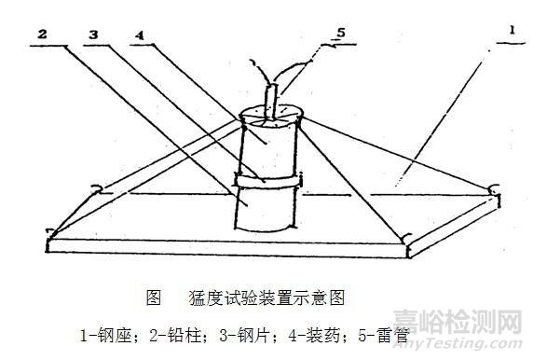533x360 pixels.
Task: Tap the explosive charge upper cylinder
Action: pyautogui.click(x=268, y=145)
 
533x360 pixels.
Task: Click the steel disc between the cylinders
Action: pyautogui.click(x=266, y=177)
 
